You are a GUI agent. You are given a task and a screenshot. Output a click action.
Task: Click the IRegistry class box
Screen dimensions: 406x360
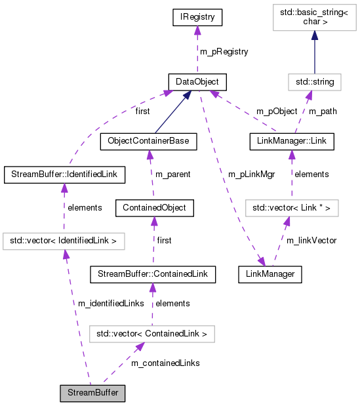tap(197, 18)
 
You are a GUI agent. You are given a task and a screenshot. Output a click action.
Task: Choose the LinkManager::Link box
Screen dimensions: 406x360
tap(292, 141)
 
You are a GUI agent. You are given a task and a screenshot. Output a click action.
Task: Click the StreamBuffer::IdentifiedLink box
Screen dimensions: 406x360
tap(64, 174)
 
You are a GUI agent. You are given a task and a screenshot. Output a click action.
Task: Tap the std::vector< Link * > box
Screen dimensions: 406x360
tap(292, 208)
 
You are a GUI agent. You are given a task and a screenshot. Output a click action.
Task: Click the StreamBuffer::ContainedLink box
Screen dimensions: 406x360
tap(152, 275)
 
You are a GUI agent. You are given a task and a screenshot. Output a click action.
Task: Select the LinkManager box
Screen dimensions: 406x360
tap(270, 275)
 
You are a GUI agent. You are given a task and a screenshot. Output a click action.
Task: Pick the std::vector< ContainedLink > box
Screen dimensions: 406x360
tap(151, 335)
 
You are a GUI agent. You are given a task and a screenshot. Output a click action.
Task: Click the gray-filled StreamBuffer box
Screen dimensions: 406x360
tap(92, 394)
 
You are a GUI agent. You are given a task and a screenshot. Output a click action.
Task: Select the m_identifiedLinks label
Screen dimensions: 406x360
tap(110, 303)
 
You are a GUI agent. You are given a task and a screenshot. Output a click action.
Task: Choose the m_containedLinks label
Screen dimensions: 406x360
tap(165, 363)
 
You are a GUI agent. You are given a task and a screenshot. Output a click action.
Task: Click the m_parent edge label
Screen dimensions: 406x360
tap(172, 174)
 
